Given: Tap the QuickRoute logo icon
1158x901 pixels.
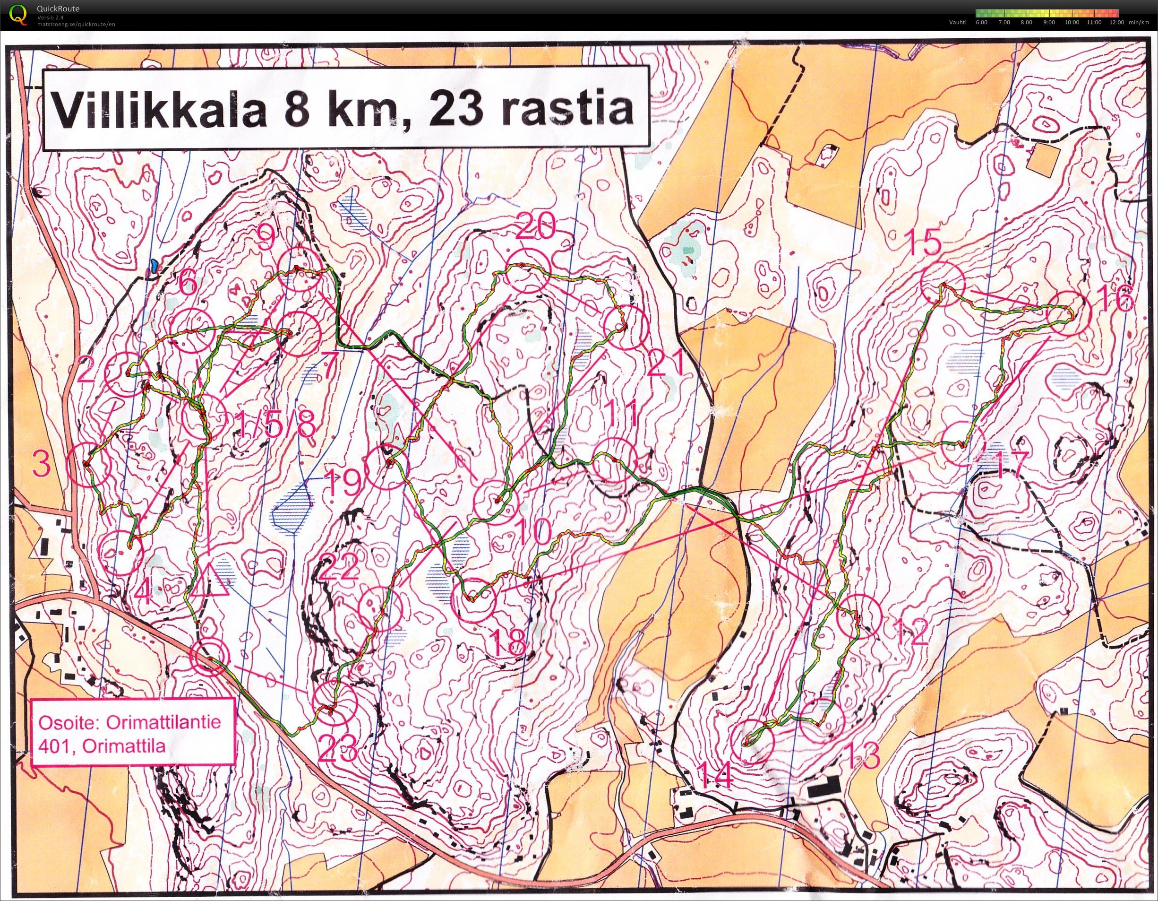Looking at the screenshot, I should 18,14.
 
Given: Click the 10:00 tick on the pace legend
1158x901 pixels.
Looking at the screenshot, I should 1072,23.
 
